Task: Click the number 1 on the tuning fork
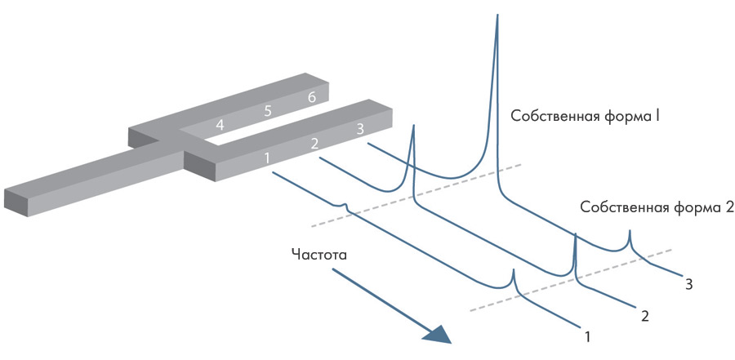[x=266, y=157]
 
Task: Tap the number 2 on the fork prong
[x=313, y=144]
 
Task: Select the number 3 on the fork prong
[x=359, y=129]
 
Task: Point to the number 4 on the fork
[x=219, y=125]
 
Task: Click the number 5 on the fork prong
[x=266, y=111]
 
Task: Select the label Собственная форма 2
[x=657, y=207]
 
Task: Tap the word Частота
[x=319, y=254]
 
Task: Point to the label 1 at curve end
[x=586, y=334]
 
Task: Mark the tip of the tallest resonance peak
[x=497, y=16]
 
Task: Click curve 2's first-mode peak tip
[x=414, y=126]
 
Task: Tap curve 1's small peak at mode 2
[x=514, y=271]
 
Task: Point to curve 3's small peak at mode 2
[x=629, y=232]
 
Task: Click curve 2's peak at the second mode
[x=576, y=235]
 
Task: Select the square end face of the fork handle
[x=18, y=202]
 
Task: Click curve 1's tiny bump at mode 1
[x=345, y=204]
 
